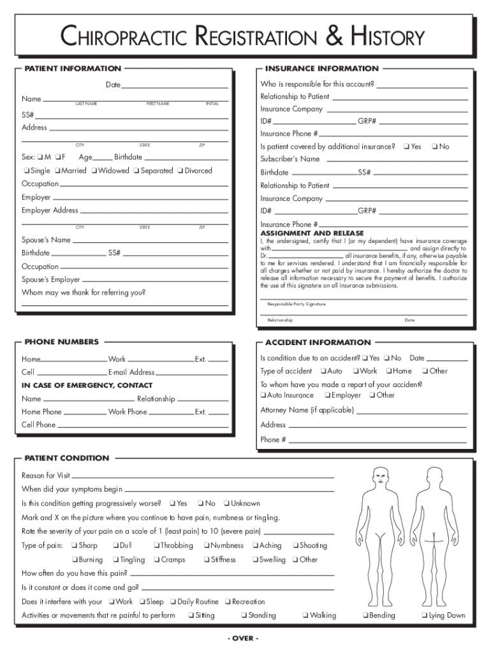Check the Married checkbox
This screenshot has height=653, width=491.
57,171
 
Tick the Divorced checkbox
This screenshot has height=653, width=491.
180,171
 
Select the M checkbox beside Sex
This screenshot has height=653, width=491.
40,157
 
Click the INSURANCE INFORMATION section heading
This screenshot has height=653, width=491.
322,68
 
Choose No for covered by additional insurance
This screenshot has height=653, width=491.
434,147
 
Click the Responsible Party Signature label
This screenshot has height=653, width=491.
297,304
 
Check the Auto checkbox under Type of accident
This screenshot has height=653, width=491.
323,371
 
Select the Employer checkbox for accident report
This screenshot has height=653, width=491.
326,395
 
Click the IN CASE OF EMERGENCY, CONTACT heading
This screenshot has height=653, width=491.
87,385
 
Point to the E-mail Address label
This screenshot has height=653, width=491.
131,372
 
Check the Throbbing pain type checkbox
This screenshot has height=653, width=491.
156,546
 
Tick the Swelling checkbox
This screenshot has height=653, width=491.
254,560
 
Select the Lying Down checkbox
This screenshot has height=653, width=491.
424,616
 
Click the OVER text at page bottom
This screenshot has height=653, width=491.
242,638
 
